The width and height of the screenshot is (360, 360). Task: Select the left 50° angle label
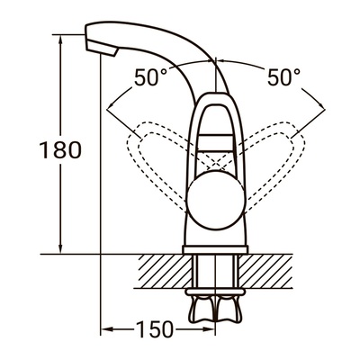[151, 78]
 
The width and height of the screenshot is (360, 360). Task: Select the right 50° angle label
[282, 78]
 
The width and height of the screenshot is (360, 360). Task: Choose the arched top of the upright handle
[215, 101]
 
